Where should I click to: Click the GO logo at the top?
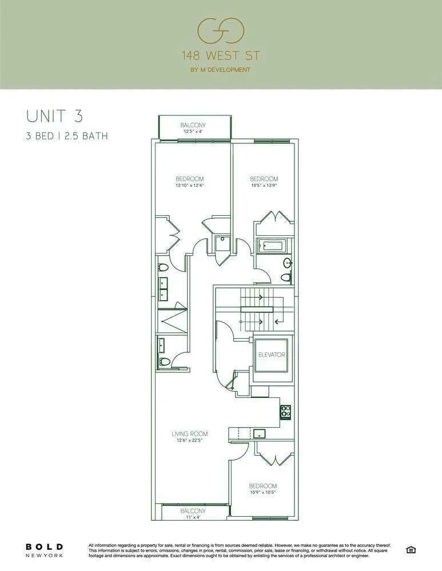pos(221,30)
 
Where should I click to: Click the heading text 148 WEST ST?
pos(221,56)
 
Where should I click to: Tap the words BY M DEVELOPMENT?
pos(221,70)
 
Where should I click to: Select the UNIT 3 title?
pos(55,115)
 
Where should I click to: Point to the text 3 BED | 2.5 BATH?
pos(67,136)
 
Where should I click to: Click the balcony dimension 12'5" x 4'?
pos(193,131)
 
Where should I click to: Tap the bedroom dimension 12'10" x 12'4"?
pos(190,185)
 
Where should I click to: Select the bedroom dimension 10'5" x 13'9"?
pos(264,185)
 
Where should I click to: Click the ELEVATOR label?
pos(272,355)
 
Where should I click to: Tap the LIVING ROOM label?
pos(189,434)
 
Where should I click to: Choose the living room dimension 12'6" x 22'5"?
pos(189,440)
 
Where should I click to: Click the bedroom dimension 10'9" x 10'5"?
pos(263,492)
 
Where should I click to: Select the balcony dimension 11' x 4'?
pos(193,517)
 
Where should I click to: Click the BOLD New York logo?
pos(44,550)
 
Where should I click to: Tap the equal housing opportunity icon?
pos(410,550)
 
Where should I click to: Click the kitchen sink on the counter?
pos(258,432)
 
